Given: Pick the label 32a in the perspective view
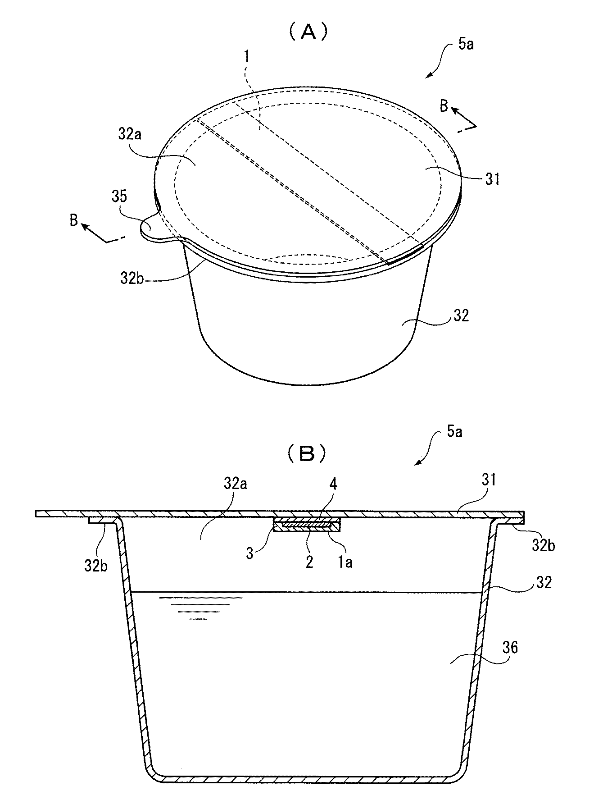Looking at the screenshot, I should click(136, 135).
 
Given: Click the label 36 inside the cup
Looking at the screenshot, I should click(509, 648).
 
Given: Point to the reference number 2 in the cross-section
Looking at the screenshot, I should click(309, 562).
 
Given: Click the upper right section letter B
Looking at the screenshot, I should click(444, 106).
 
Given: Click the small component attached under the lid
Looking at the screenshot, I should click(307, 525).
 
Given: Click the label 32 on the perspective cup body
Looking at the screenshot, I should click(460, 315).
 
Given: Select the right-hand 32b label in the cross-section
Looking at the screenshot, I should click(543, 546).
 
